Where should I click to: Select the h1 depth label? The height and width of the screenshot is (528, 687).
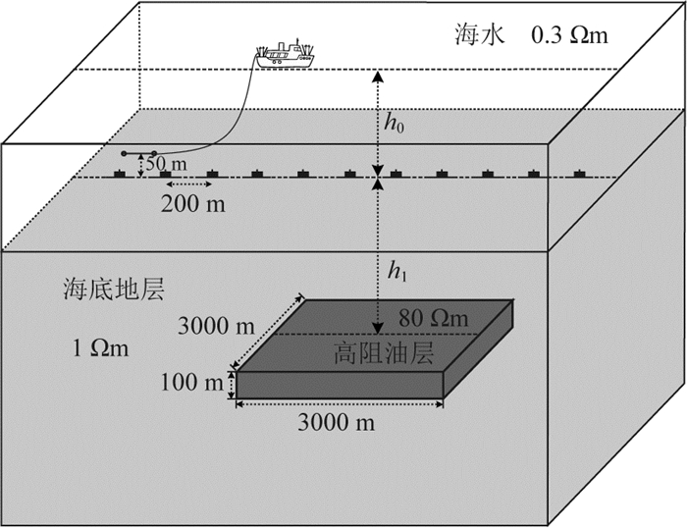tap(396, 272)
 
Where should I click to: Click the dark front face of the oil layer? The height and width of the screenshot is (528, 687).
tap(339, 385)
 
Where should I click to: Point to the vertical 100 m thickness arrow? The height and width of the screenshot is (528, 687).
tap(233, 384)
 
